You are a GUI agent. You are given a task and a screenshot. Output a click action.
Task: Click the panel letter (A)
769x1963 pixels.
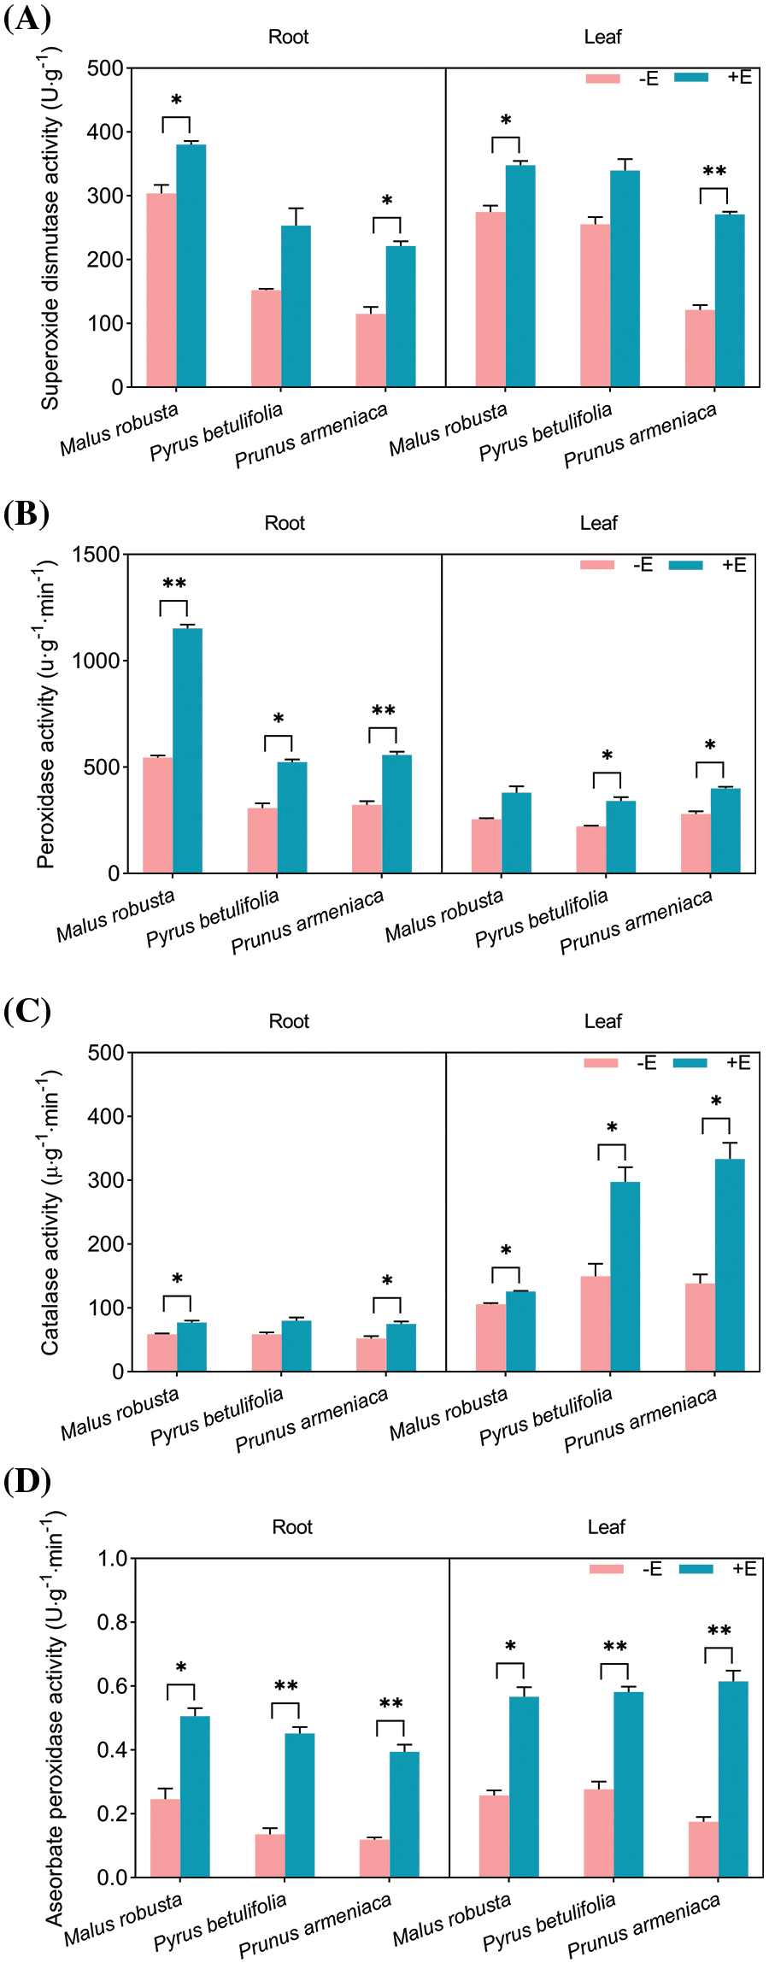[27, 18]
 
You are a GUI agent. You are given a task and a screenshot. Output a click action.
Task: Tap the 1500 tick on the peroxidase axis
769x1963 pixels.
[96, 555]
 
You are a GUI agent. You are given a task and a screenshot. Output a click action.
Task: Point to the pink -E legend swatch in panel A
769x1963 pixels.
[602, 79]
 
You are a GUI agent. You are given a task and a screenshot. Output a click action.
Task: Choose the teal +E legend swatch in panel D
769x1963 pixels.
[696, 1568]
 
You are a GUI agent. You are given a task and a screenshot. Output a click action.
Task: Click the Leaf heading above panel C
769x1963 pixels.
[602, 1021]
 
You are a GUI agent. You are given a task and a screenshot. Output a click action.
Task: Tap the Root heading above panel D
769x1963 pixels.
[292, 1527]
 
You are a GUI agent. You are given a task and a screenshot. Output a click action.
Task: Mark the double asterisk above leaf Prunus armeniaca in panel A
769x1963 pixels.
[714, 172]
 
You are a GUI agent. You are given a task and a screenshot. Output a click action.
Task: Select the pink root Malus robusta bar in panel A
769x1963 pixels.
[161, 290]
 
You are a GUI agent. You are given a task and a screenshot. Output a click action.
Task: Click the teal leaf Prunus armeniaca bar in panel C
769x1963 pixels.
[730, 1265]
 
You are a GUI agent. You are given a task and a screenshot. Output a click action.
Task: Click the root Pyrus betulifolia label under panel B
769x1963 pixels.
[213, 919]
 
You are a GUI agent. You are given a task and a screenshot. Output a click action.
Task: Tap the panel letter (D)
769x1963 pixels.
[27, 1481]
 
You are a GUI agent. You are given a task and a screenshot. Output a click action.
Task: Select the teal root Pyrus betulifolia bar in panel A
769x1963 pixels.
[296, 306]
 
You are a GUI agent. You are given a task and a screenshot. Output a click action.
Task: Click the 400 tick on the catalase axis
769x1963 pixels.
[106, 1116]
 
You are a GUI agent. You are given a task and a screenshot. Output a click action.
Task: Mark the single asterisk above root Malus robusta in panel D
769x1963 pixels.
[181, 1667]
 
